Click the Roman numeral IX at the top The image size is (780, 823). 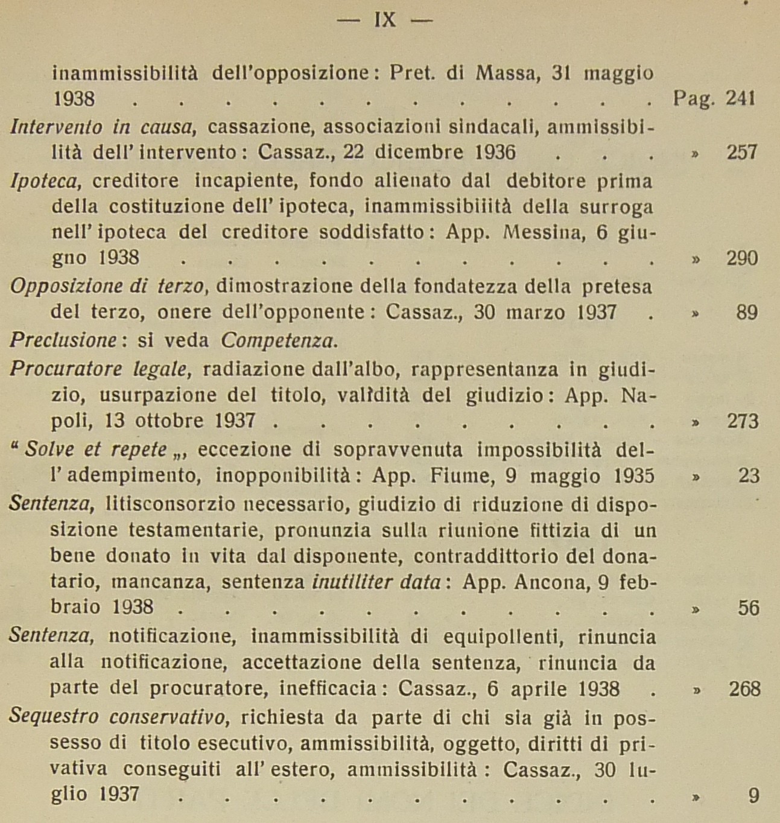click(x=385, y=20)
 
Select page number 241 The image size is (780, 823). click(x=741, y=98)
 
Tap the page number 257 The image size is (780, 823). click(x=742, y=152)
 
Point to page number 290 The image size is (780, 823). click(x=742, y=259)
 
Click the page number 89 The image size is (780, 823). click(x=747, y=313)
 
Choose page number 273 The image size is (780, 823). click(x=742, y=421)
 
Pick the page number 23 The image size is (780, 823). click(x=749, y=476)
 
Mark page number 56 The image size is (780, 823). click(x=748, y=608)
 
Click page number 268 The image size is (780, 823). click(x=744, y=688)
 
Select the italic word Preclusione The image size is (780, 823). click(x=63, y=340)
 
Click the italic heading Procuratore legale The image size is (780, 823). click(x=100, y=369)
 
